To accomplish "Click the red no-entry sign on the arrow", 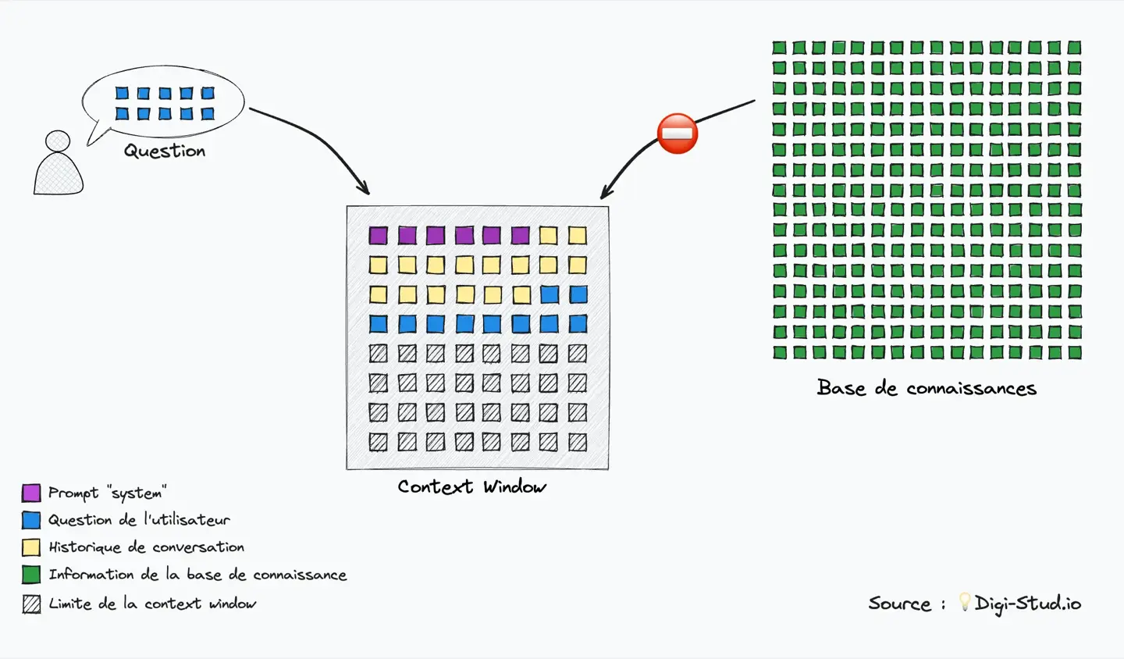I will point(677,134).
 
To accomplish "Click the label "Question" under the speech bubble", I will point(165,151).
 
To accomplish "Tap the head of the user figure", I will point(58,141).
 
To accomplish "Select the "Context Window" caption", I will point(471,487).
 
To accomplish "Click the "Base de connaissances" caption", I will point(927,388).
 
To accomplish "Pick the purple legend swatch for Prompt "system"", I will point(31,493).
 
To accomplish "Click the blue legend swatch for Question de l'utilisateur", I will point(31,520).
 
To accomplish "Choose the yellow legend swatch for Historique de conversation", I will point(31,547).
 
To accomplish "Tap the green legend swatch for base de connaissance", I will point(31,575).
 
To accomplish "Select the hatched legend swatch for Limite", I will point(31,604).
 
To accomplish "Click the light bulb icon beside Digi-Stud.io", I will point(965,602).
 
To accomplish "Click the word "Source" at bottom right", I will point(899,604).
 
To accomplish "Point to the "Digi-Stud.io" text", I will point(1028,604).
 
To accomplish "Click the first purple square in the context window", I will point(378,235).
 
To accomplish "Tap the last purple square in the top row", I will point(521,235).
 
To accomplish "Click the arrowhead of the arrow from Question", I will point(365,191).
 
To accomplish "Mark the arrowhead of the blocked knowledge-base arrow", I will point(604,195).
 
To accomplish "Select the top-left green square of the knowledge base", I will point(779,48).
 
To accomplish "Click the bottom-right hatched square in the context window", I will point(578,442).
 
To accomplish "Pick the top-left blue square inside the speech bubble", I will point(122,93).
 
